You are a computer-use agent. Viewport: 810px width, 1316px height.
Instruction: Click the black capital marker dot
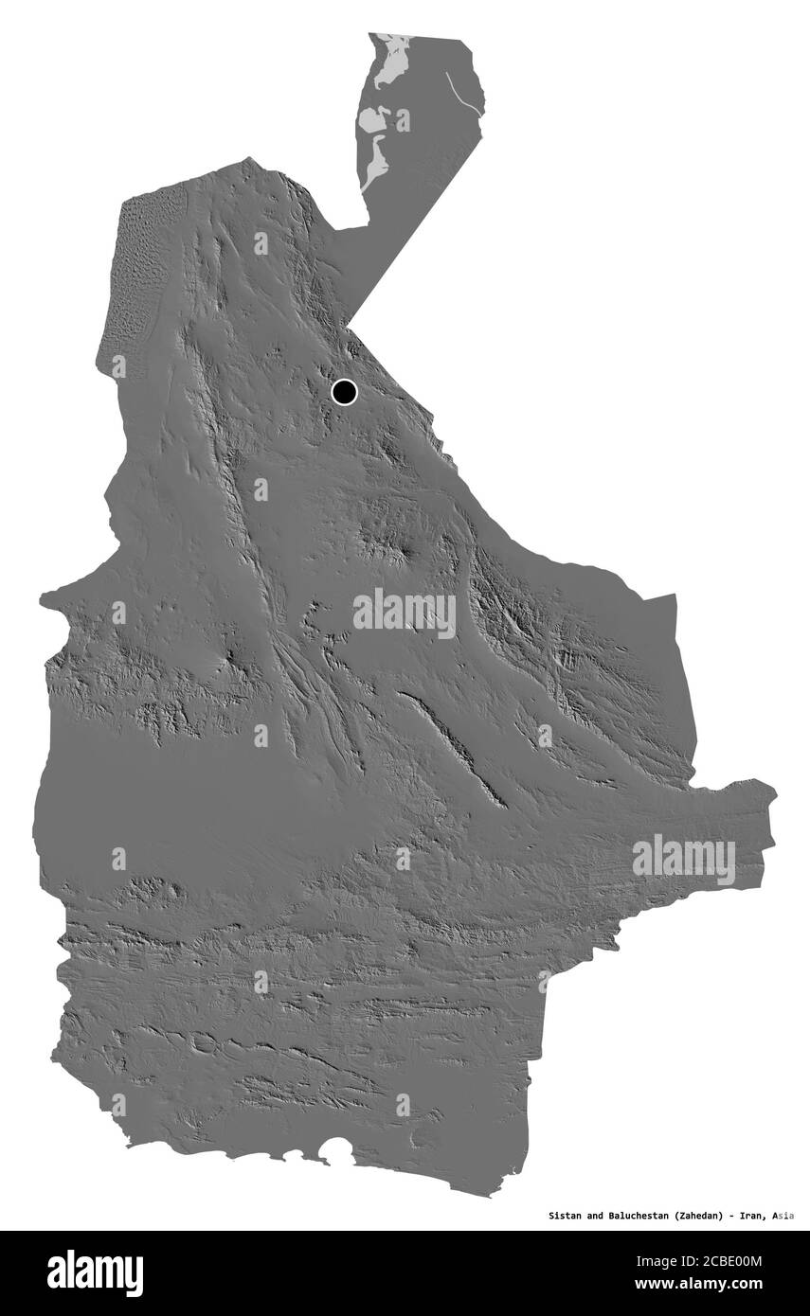(344, 391)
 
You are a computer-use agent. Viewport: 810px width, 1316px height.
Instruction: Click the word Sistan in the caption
(567, 1215)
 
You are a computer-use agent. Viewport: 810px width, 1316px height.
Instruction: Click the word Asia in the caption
(783, 1215)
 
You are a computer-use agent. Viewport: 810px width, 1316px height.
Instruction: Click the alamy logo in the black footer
(95, 1273)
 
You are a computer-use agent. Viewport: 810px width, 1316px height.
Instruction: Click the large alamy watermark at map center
(405, 614)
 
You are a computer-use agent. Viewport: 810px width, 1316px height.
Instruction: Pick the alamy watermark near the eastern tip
(684, 860)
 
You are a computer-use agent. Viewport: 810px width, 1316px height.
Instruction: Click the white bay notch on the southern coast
(335, 1151)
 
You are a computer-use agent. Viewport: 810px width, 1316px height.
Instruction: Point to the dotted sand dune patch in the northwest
(137, 275)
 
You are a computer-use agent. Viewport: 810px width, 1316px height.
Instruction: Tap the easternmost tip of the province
(775, 795)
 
